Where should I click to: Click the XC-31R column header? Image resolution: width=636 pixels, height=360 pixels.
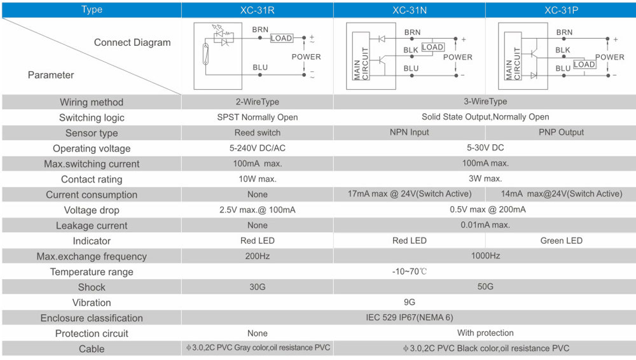(257, 10)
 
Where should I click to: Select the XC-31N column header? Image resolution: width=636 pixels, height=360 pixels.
(409, 10)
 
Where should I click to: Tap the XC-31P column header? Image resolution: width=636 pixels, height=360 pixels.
(561, 10)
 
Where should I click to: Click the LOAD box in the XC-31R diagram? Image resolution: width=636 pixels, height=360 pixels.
(282, 38)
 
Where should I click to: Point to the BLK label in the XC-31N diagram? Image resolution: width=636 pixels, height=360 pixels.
(410, 50)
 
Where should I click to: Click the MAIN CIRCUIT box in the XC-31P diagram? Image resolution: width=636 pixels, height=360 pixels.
(513, 55)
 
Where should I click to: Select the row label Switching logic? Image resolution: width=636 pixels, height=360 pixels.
(92, 118)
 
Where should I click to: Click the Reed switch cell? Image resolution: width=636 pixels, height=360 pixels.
(257, 133)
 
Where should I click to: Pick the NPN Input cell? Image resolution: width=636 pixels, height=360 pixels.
(409, 132)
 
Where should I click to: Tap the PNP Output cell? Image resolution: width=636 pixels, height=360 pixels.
(561, 132)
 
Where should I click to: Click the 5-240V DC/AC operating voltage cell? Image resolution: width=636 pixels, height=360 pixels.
(257, 148)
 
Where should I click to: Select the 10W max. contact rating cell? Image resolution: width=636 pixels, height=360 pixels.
(257, 179)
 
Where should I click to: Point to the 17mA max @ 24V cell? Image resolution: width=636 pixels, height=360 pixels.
(409, 194)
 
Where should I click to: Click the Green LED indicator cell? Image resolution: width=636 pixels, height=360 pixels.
(561, 240)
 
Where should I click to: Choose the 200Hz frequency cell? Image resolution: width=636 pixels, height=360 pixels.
(257, 256)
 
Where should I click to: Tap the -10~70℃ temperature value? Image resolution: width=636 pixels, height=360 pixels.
(409, 272)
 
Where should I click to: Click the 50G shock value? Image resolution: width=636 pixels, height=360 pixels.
(485, 287)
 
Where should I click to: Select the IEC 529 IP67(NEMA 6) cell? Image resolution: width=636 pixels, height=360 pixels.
(409, 317)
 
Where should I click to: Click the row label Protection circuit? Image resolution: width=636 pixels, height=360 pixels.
(92, 334)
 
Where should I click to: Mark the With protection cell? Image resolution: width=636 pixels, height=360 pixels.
(485, 333)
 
